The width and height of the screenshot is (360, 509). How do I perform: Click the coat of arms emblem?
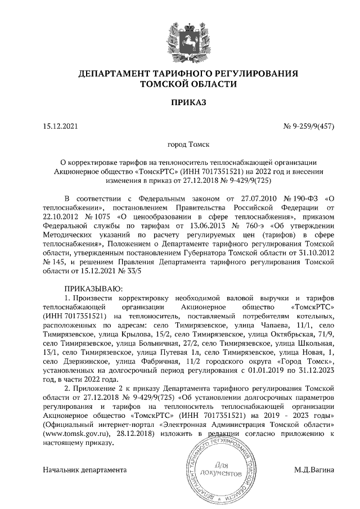[x=188, y=38]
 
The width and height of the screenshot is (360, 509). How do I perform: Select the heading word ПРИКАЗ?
[x=188, y=102]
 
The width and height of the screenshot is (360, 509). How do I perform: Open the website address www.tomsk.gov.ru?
[x=76, y=434]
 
